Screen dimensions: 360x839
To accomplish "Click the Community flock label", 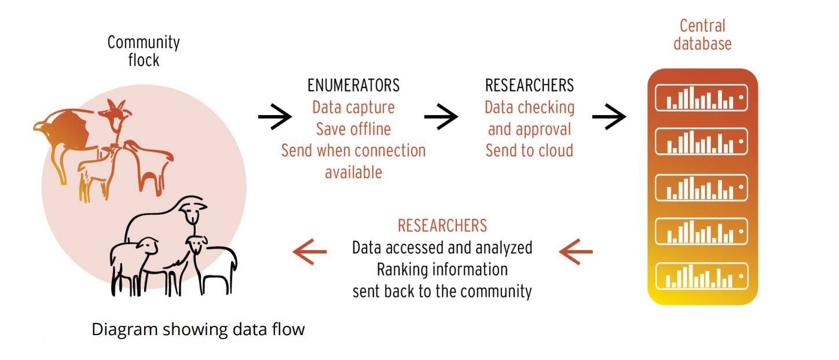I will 144,51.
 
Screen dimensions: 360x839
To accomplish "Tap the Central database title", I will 702,34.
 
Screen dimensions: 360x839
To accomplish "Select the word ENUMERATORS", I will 353,86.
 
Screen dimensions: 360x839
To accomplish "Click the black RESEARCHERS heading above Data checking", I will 529,86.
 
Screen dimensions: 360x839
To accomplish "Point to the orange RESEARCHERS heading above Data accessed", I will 442,225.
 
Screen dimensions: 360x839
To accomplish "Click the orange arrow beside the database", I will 576,251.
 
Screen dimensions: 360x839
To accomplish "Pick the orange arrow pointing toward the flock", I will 310,251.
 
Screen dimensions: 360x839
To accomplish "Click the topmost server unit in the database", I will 701,98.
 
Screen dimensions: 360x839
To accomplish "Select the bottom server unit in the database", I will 701,277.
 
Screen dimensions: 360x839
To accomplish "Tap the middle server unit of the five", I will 701,187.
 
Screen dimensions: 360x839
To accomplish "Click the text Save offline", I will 353,128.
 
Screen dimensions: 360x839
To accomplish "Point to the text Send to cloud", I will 529,150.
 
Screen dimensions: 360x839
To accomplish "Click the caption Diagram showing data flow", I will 198,330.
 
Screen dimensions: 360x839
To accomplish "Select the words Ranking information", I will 442,270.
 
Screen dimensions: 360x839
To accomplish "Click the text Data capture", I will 353,107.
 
